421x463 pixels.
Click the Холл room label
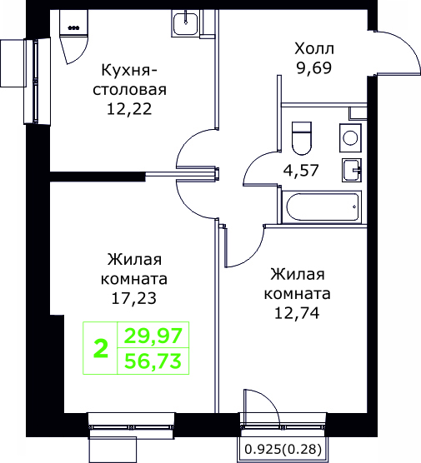click(314, 49)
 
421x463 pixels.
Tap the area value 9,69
click(314, 68)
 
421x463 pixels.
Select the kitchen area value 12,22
click(129, 109)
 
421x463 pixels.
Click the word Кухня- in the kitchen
click(129, 70)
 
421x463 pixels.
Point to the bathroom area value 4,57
click(301, 171)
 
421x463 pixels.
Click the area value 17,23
click(134, 298)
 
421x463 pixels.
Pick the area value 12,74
click(297, 313)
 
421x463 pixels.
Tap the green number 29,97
click(153, 336)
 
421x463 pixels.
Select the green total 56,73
click(153, 361)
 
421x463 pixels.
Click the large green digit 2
click(101, 348)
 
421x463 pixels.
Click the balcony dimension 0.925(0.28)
click(283, 449)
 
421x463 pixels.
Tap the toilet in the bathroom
click(302, 138)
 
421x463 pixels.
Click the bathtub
click(322, 207)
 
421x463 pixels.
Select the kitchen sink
click(185, 23)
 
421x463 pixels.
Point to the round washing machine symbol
click(350, 138)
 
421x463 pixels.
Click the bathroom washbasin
click(352, 170)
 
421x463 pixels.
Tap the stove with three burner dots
click(73, 22)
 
